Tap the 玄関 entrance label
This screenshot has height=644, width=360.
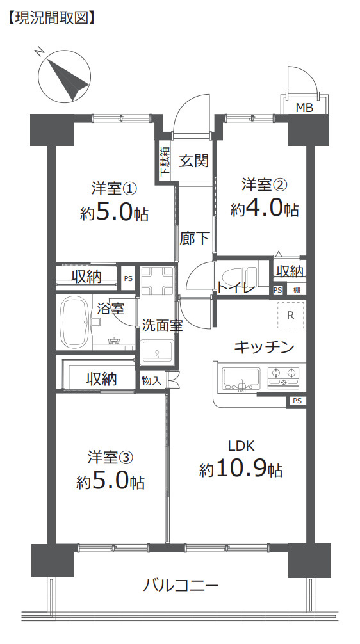193,160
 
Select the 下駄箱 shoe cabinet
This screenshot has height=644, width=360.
165,161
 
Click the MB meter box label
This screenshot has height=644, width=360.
304,108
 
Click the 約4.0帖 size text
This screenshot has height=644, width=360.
265,209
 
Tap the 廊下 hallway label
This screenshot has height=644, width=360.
194,239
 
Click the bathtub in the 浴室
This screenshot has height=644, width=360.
77,323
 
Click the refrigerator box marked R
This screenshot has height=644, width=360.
290,315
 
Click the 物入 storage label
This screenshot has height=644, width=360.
151,380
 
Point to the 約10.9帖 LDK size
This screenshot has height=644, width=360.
240,470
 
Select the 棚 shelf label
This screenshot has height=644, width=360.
296,290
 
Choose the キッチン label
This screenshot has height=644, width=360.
264,347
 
